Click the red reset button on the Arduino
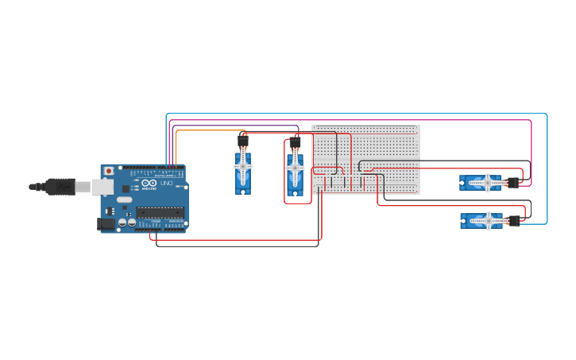coord(108,171)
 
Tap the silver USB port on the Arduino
coord(102,187)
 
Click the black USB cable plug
coord(60,187)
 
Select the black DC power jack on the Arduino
coord(105,224)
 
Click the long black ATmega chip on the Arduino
coord(160,212)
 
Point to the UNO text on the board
coord(167,184)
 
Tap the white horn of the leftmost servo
coord(243,166)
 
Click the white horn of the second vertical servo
coord(295,168)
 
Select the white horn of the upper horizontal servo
coord(485,183)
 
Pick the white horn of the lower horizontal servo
coord(485,220)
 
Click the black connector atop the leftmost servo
coord(243,140)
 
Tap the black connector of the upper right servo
coord(513,183)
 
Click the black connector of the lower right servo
coord(514,220)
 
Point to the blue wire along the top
coord(358,114)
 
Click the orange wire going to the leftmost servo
coord(207,131)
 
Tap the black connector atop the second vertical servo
coord(295,142)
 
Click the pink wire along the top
coord(358,120)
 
